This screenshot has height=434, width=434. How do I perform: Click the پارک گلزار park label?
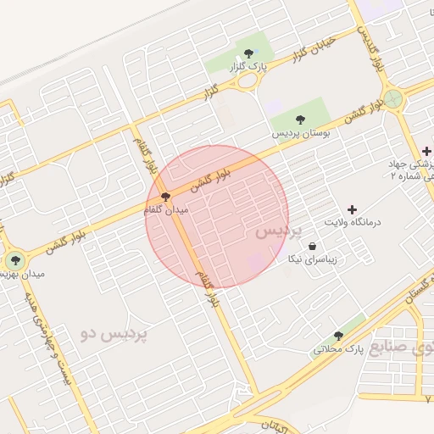(251, 67)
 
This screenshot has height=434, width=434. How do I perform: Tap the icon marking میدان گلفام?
(164, 197)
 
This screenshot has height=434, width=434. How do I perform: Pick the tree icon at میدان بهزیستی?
(14, 259)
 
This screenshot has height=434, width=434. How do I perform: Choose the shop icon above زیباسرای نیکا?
(313, 246)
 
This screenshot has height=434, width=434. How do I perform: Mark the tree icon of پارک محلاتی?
(338, 337)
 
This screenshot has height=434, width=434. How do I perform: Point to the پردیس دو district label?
(114, 333)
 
